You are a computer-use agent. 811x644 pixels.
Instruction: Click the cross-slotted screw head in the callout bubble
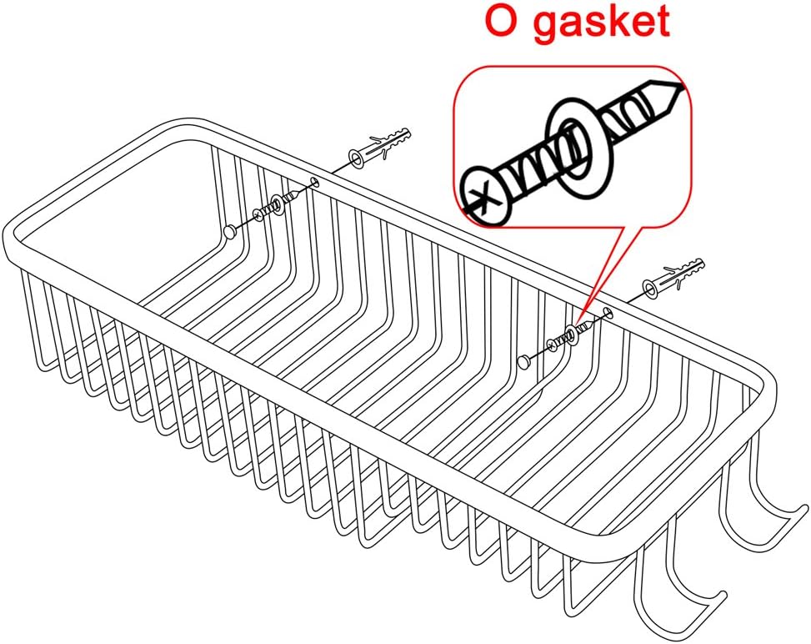pyautogui.click(x=486, y=196)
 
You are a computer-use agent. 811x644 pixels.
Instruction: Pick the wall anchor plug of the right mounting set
pyautogui.click(x=673, y=277)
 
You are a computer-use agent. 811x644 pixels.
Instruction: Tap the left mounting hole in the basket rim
pyautogui.click(x=314, y=181)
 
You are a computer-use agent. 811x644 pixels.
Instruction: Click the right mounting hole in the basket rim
pyautogui.click(x=608, y=312)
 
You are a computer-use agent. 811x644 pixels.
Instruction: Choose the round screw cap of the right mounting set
pyautogui.click(x=523, y=361)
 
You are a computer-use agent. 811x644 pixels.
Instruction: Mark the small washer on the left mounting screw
pyautogui.click(x=278, y=205)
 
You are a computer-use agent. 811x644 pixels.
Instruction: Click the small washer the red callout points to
pyautogui.click(x=571, y=335)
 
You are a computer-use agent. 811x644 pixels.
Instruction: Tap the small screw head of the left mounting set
pyautogui.click(x=258, y=214)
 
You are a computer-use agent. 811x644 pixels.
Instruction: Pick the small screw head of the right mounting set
pyautogui.click(x=552, y=345)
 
